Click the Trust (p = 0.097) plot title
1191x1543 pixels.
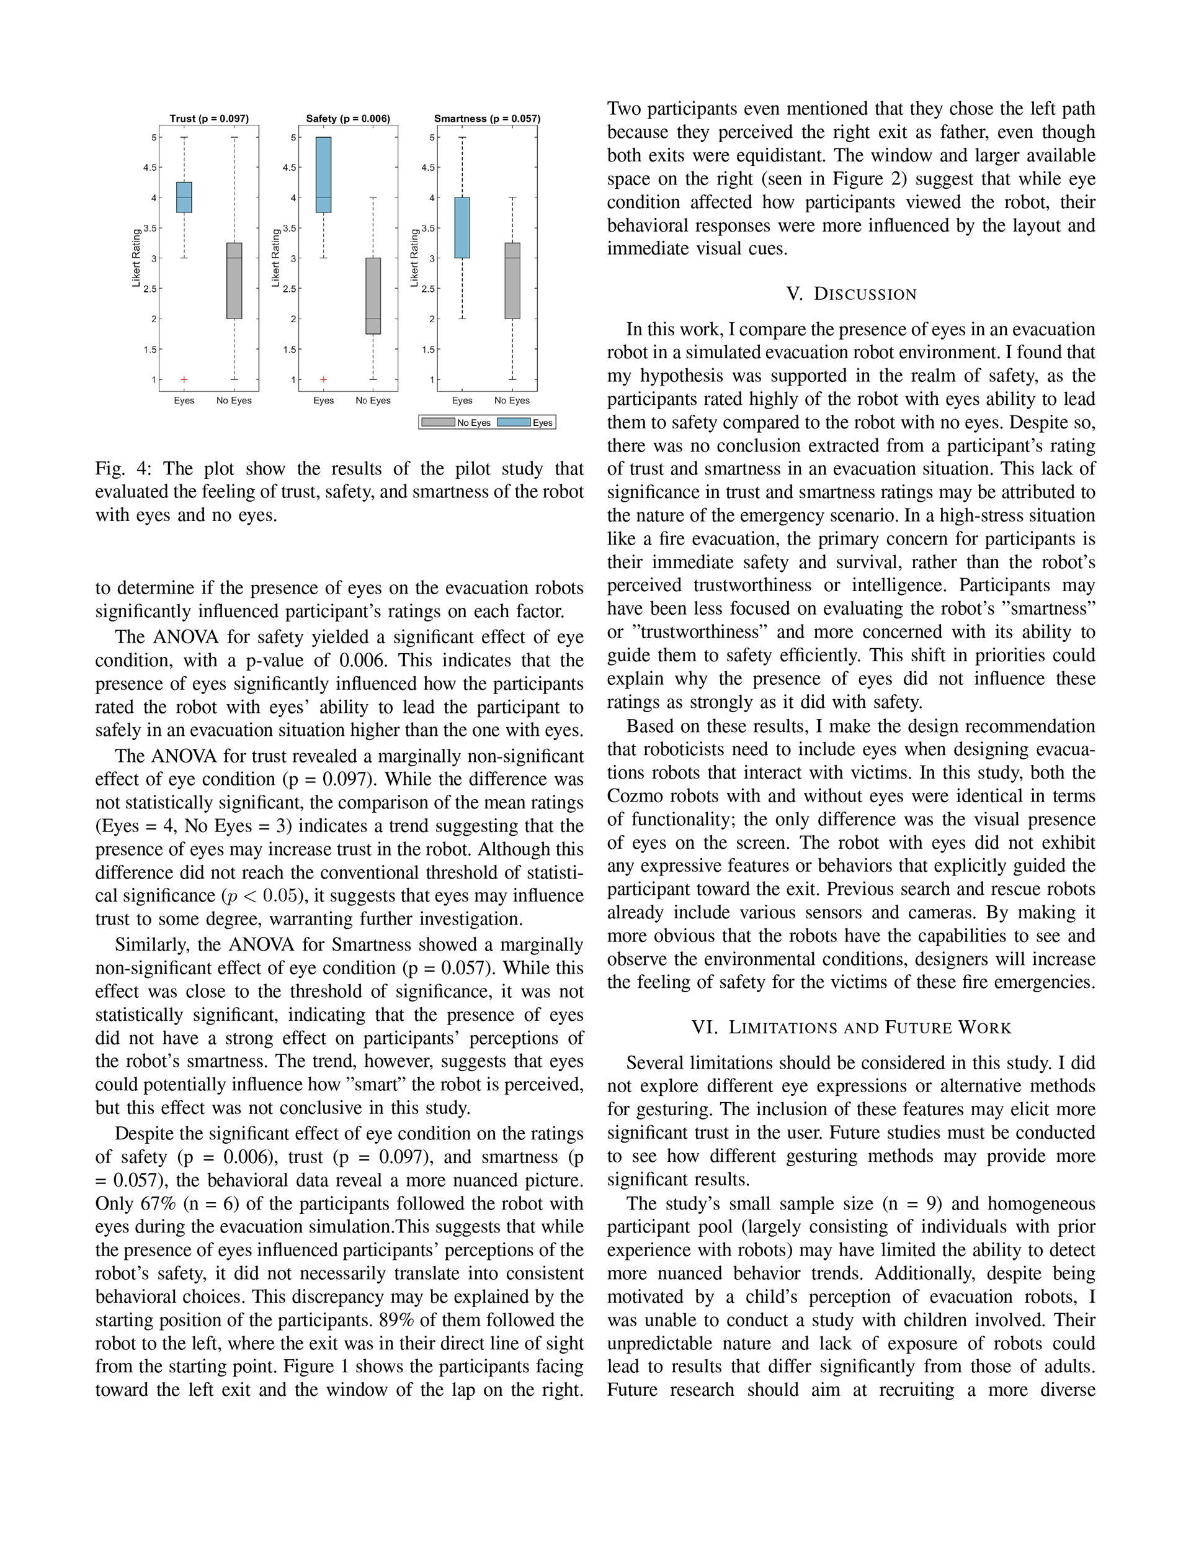click(x=209, y=119)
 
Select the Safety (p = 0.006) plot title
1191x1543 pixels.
click(x=348, y=119)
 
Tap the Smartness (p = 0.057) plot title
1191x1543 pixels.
click(x=487, y=119)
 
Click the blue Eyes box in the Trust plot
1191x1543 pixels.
click(x=184, y=197)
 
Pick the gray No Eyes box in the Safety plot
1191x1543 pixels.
click(x=373, y=296)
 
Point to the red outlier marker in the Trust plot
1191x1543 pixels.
click(x=184, y=379)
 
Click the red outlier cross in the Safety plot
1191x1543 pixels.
click(x=323, y=379)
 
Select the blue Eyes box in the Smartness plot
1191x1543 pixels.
click(x=462, y=227)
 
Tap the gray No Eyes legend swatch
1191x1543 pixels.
click(x=438, y=422)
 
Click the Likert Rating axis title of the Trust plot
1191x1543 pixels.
click(x=136, y=258)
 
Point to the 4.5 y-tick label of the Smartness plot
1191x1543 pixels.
click(x=428, y=168)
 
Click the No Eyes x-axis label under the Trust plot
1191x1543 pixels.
click(x=234, y=400)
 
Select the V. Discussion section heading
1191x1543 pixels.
click(x=852, y=294)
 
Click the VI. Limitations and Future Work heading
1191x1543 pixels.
click(x=852, y=1028)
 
